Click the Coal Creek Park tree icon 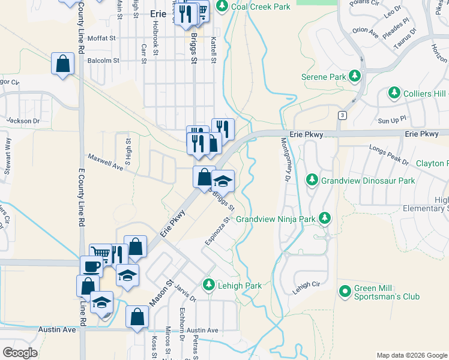[222, 7]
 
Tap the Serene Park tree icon [355, 76]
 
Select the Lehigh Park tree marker [209, 285]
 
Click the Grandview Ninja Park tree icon [325, 218]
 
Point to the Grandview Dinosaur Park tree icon [312, 179]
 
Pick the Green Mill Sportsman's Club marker [345, 292]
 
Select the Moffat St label [101, 38]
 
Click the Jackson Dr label [23, 121]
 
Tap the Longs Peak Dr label [389, 155]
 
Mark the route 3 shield [342, 115]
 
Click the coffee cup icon [91, 266]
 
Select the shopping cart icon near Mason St [100, 253]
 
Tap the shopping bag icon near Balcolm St [62, 63]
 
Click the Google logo [19, 352]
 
